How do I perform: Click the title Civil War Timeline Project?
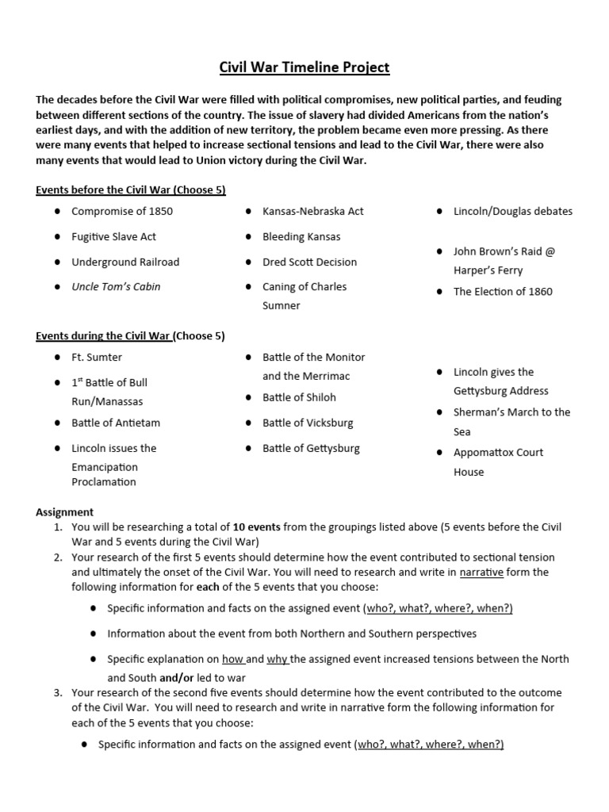click(x=304, y=67)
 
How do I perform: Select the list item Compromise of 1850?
click(x=122, y=212)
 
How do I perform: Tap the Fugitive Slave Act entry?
click(x=113, y=237)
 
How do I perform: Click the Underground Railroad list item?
click(x=125, y=262)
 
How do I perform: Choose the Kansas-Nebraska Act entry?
click(x=313, y=212)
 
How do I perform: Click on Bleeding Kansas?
click(x=301, y=237)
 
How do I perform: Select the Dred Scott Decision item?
click(x=310, y=262)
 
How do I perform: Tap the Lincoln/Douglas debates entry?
click(x=512, y=212)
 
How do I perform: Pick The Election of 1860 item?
click(x=503, y=291)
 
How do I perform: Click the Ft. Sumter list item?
click(x=97, y=357)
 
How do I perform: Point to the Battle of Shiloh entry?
click(x=300, y=397)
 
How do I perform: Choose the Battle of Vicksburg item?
click(x=308, y=423)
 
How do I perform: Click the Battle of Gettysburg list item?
click(x=312, y=448)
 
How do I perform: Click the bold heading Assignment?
click(x=64, y=512)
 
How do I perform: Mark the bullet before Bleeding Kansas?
click(x=249, y=237)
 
